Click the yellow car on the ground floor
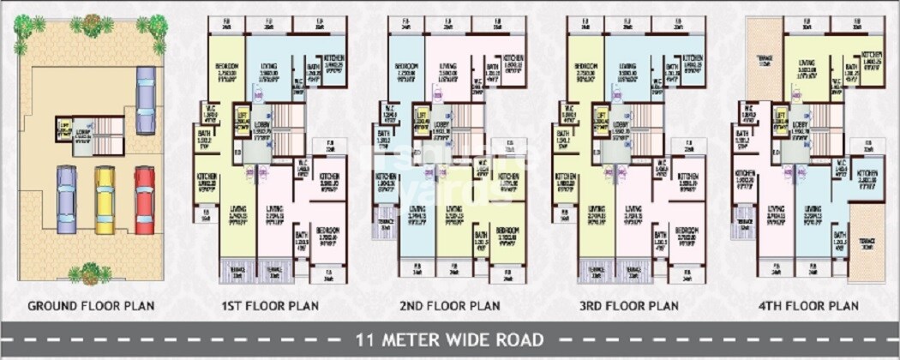pos(105,199)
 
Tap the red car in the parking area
pos(144,199)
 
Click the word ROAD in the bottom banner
pos(518,339)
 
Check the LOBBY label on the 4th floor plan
pos(801,124)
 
